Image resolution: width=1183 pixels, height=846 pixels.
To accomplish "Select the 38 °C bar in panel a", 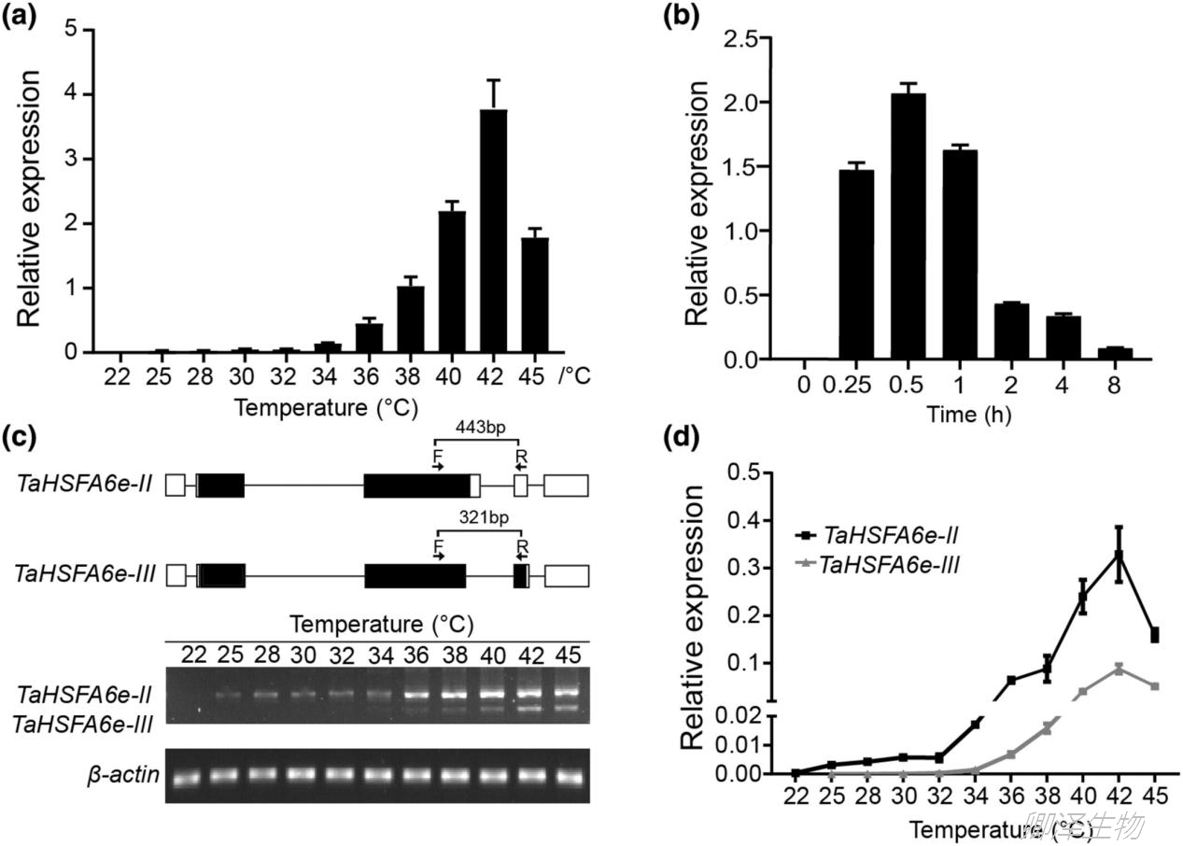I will point(411,319).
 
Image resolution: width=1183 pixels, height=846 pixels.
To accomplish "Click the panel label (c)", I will point(21,438).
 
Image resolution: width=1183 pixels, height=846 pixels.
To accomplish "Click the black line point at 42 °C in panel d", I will point(1120,555).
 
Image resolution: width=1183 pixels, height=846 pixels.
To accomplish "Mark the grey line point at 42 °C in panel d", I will point(1120,668).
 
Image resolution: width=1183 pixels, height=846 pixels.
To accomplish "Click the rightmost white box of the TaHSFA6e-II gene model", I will point(566,485).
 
